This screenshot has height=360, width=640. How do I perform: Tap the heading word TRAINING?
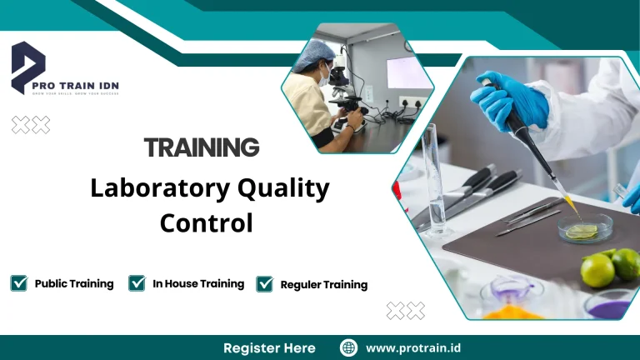tap(202, 148)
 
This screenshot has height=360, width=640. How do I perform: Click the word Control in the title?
tap(206, 223)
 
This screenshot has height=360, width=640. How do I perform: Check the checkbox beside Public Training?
tap(18, 283)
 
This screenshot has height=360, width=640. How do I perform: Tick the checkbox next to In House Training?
tap(137, 283)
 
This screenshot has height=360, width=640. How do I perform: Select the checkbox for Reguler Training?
tap(265, 284)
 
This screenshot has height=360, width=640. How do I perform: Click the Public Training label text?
tap(74, 283)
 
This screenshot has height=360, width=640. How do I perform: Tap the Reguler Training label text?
tap(323, 285)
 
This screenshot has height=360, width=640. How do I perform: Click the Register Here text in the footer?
tap(269, 347)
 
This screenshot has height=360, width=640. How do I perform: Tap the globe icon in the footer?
tap(349, 347)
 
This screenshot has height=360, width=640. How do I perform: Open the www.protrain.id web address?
tap(414, 347)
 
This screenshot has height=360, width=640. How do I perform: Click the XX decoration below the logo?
tap(31, 125)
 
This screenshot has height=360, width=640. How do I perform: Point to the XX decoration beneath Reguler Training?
tap(405, 311)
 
